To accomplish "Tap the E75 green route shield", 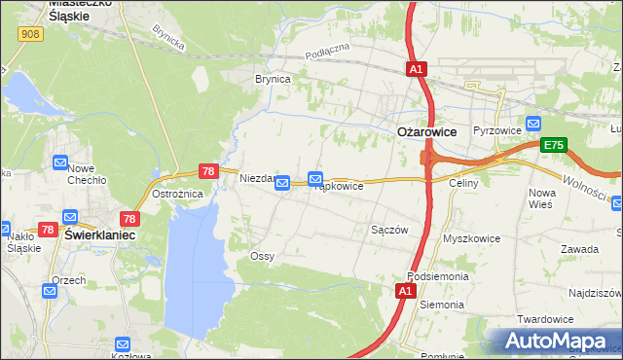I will tap(554, 145).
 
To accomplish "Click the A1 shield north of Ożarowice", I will tap(416, 69).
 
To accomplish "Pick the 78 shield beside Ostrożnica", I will tap(207, 170).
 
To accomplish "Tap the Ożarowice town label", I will tap(426, 131).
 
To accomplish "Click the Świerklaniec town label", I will tap(98, 235).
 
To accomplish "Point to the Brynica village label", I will tap(273, 80).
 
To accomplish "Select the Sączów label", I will tap(388, 231).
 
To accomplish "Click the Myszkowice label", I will tap(471, 238).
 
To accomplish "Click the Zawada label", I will tap(579, 249).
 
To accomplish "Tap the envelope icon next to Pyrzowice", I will tap(532, 124).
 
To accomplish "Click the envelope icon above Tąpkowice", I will tap(315, 179).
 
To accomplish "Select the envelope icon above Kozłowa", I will tap(123, 343).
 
